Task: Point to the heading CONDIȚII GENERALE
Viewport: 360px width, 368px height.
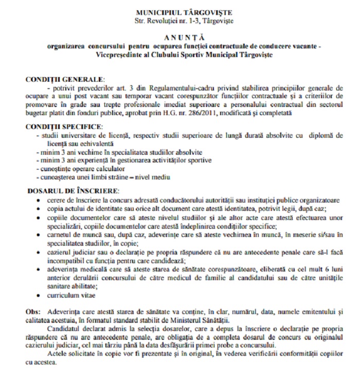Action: [x=64, y=80]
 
